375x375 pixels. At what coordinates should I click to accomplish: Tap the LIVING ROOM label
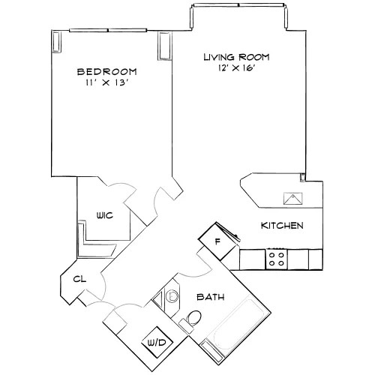236,57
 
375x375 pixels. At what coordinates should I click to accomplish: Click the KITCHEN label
281,226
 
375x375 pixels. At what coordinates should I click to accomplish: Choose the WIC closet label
104,215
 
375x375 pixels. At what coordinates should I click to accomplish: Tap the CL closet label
78,280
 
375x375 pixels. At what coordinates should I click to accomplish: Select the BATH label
210,297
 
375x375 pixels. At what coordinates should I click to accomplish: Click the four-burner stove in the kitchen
276,259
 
